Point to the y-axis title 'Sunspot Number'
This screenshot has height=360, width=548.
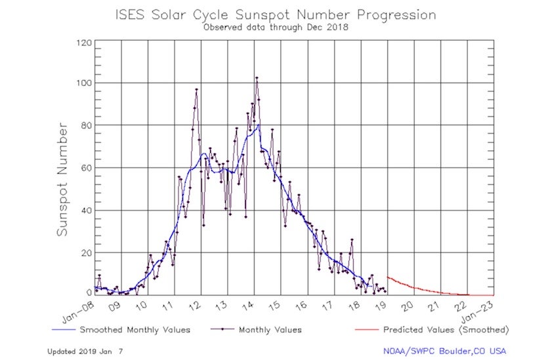tap(62, 178)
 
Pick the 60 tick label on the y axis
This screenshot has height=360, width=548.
tap(85, 168)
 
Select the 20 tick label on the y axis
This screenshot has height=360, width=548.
tap(85, 253)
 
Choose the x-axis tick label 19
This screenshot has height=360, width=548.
tap(381, 306)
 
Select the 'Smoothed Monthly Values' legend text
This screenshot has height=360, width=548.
tap(135, 330)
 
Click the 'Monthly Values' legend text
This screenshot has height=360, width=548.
tap(271, 330)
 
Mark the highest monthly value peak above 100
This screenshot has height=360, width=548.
tap(257, 78)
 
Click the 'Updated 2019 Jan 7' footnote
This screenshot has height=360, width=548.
tap(85, 351)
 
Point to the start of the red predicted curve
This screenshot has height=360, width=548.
tap(387, 277)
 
